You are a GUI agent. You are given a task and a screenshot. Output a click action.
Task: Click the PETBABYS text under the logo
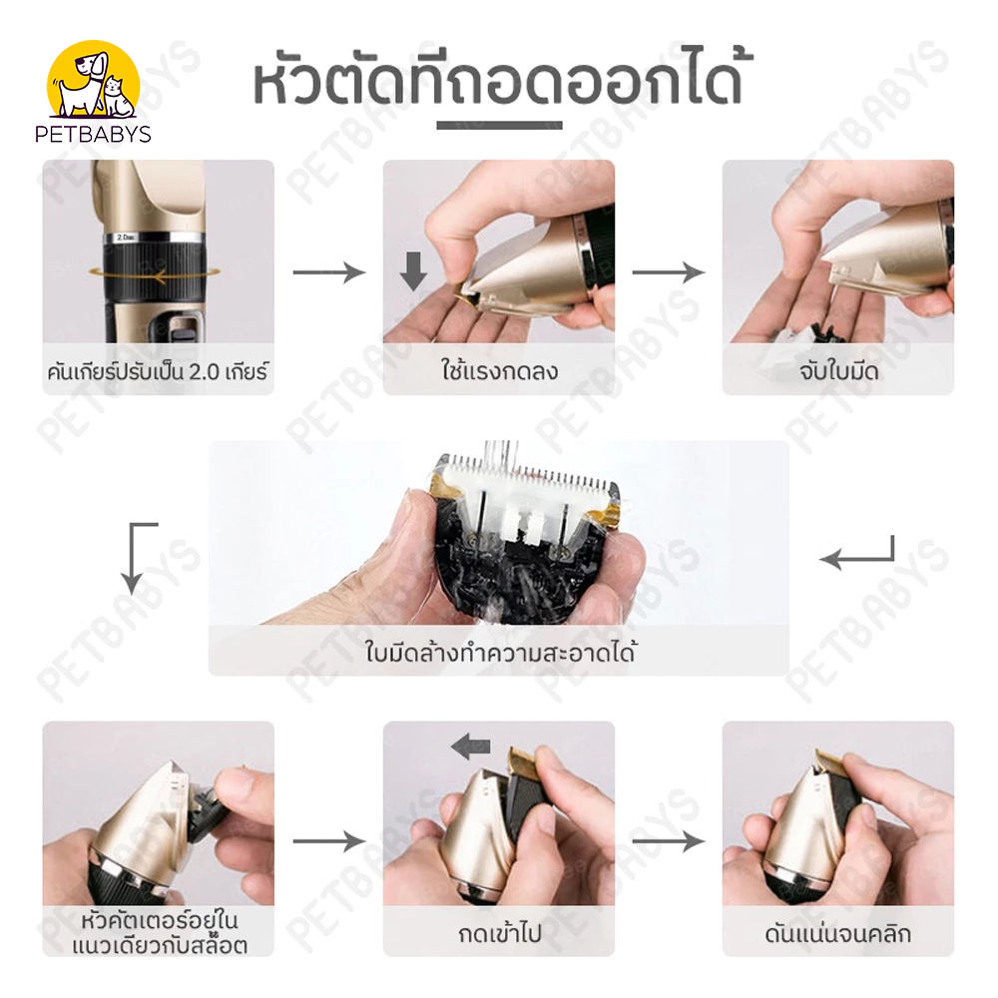coord(93,134)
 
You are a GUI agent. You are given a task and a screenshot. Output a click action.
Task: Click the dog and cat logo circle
coord(94,79)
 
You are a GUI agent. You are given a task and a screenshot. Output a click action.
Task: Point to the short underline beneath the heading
coord(499,126)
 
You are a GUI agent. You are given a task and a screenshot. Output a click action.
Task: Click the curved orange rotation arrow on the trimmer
coord(156,273)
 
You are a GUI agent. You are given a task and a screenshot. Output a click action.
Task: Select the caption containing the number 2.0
coord(158,371)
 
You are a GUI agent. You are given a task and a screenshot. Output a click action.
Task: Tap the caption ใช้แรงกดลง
coord(499,370)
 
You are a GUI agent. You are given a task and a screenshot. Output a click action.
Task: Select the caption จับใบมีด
coord(838,371)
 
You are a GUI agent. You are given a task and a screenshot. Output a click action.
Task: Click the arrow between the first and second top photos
coord(329,272)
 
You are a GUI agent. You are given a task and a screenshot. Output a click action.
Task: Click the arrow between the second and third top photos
coord(669,272)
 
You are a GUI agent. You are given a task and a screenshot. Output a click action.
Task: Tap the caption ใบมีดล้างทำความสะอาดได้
coord(500,653)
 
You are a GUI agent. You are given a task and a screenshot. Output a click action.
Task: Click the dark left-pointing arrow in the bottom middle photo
coord(470,746)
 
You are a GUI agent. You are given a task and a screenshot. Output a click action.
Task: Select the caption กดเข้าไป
coord(499,934)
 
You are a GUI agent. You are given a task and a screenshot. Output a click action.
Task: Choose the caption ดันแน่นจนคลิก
coord(838,934)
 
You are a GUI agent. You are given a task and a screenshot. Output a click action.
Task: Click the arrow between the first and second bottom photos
coord(329,841)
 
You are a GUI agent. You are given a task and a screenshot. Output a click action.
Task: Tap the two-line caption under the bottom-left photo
coord(159,933)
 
